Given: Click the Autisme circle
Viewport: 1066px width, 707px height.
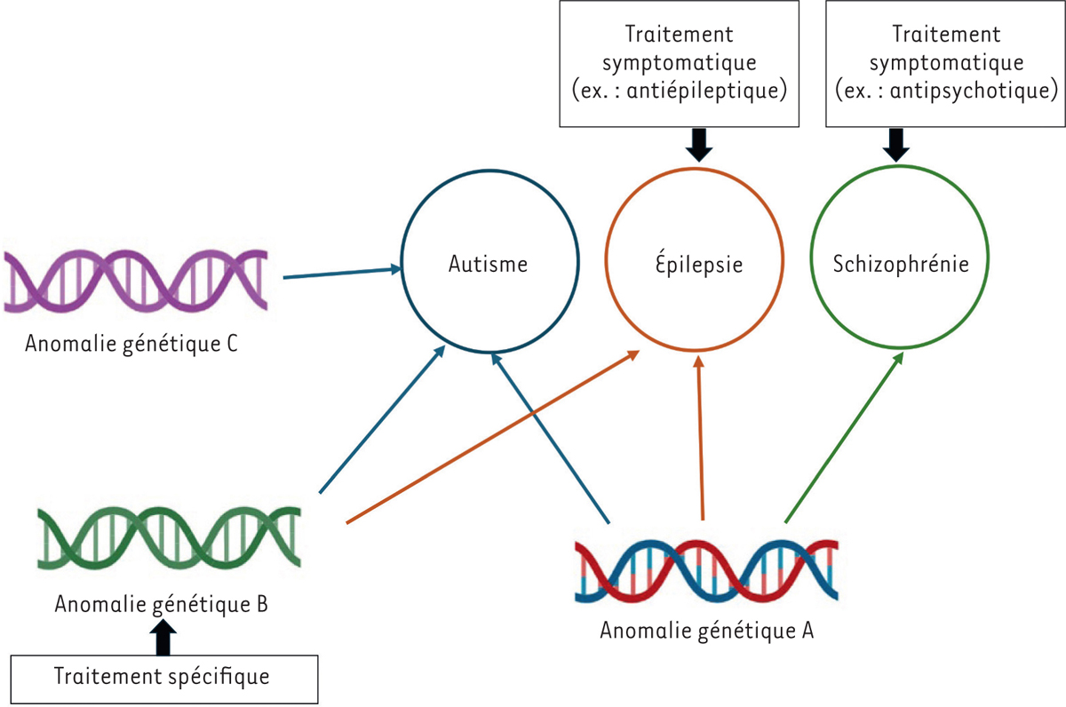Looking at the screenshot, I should coord(487,264).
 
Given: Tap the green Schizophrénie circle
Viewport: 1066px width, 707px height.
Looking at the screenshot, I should coord(899,264).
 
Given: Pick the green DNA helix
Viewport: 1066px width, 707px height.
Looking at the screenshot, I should coord(169,539).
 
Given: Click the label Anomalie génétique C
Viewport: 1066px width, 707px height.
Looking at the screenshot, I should coord(131,344).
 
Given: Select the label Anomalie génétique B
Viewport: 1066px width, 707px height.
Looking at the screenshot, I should coord(162,604).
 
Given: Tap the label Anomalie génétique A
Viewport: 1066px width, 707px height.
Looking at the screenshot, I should coord(707,632).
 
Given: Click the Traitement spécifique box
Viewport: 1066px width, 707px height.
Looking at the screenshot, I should coord(163,678).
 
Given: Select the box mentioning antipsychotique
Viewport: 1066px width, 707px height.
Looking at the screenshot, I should coord(945,63).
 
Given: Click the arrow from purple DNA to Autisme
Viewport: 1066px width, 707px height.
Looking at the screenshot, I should coord(342,272).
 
